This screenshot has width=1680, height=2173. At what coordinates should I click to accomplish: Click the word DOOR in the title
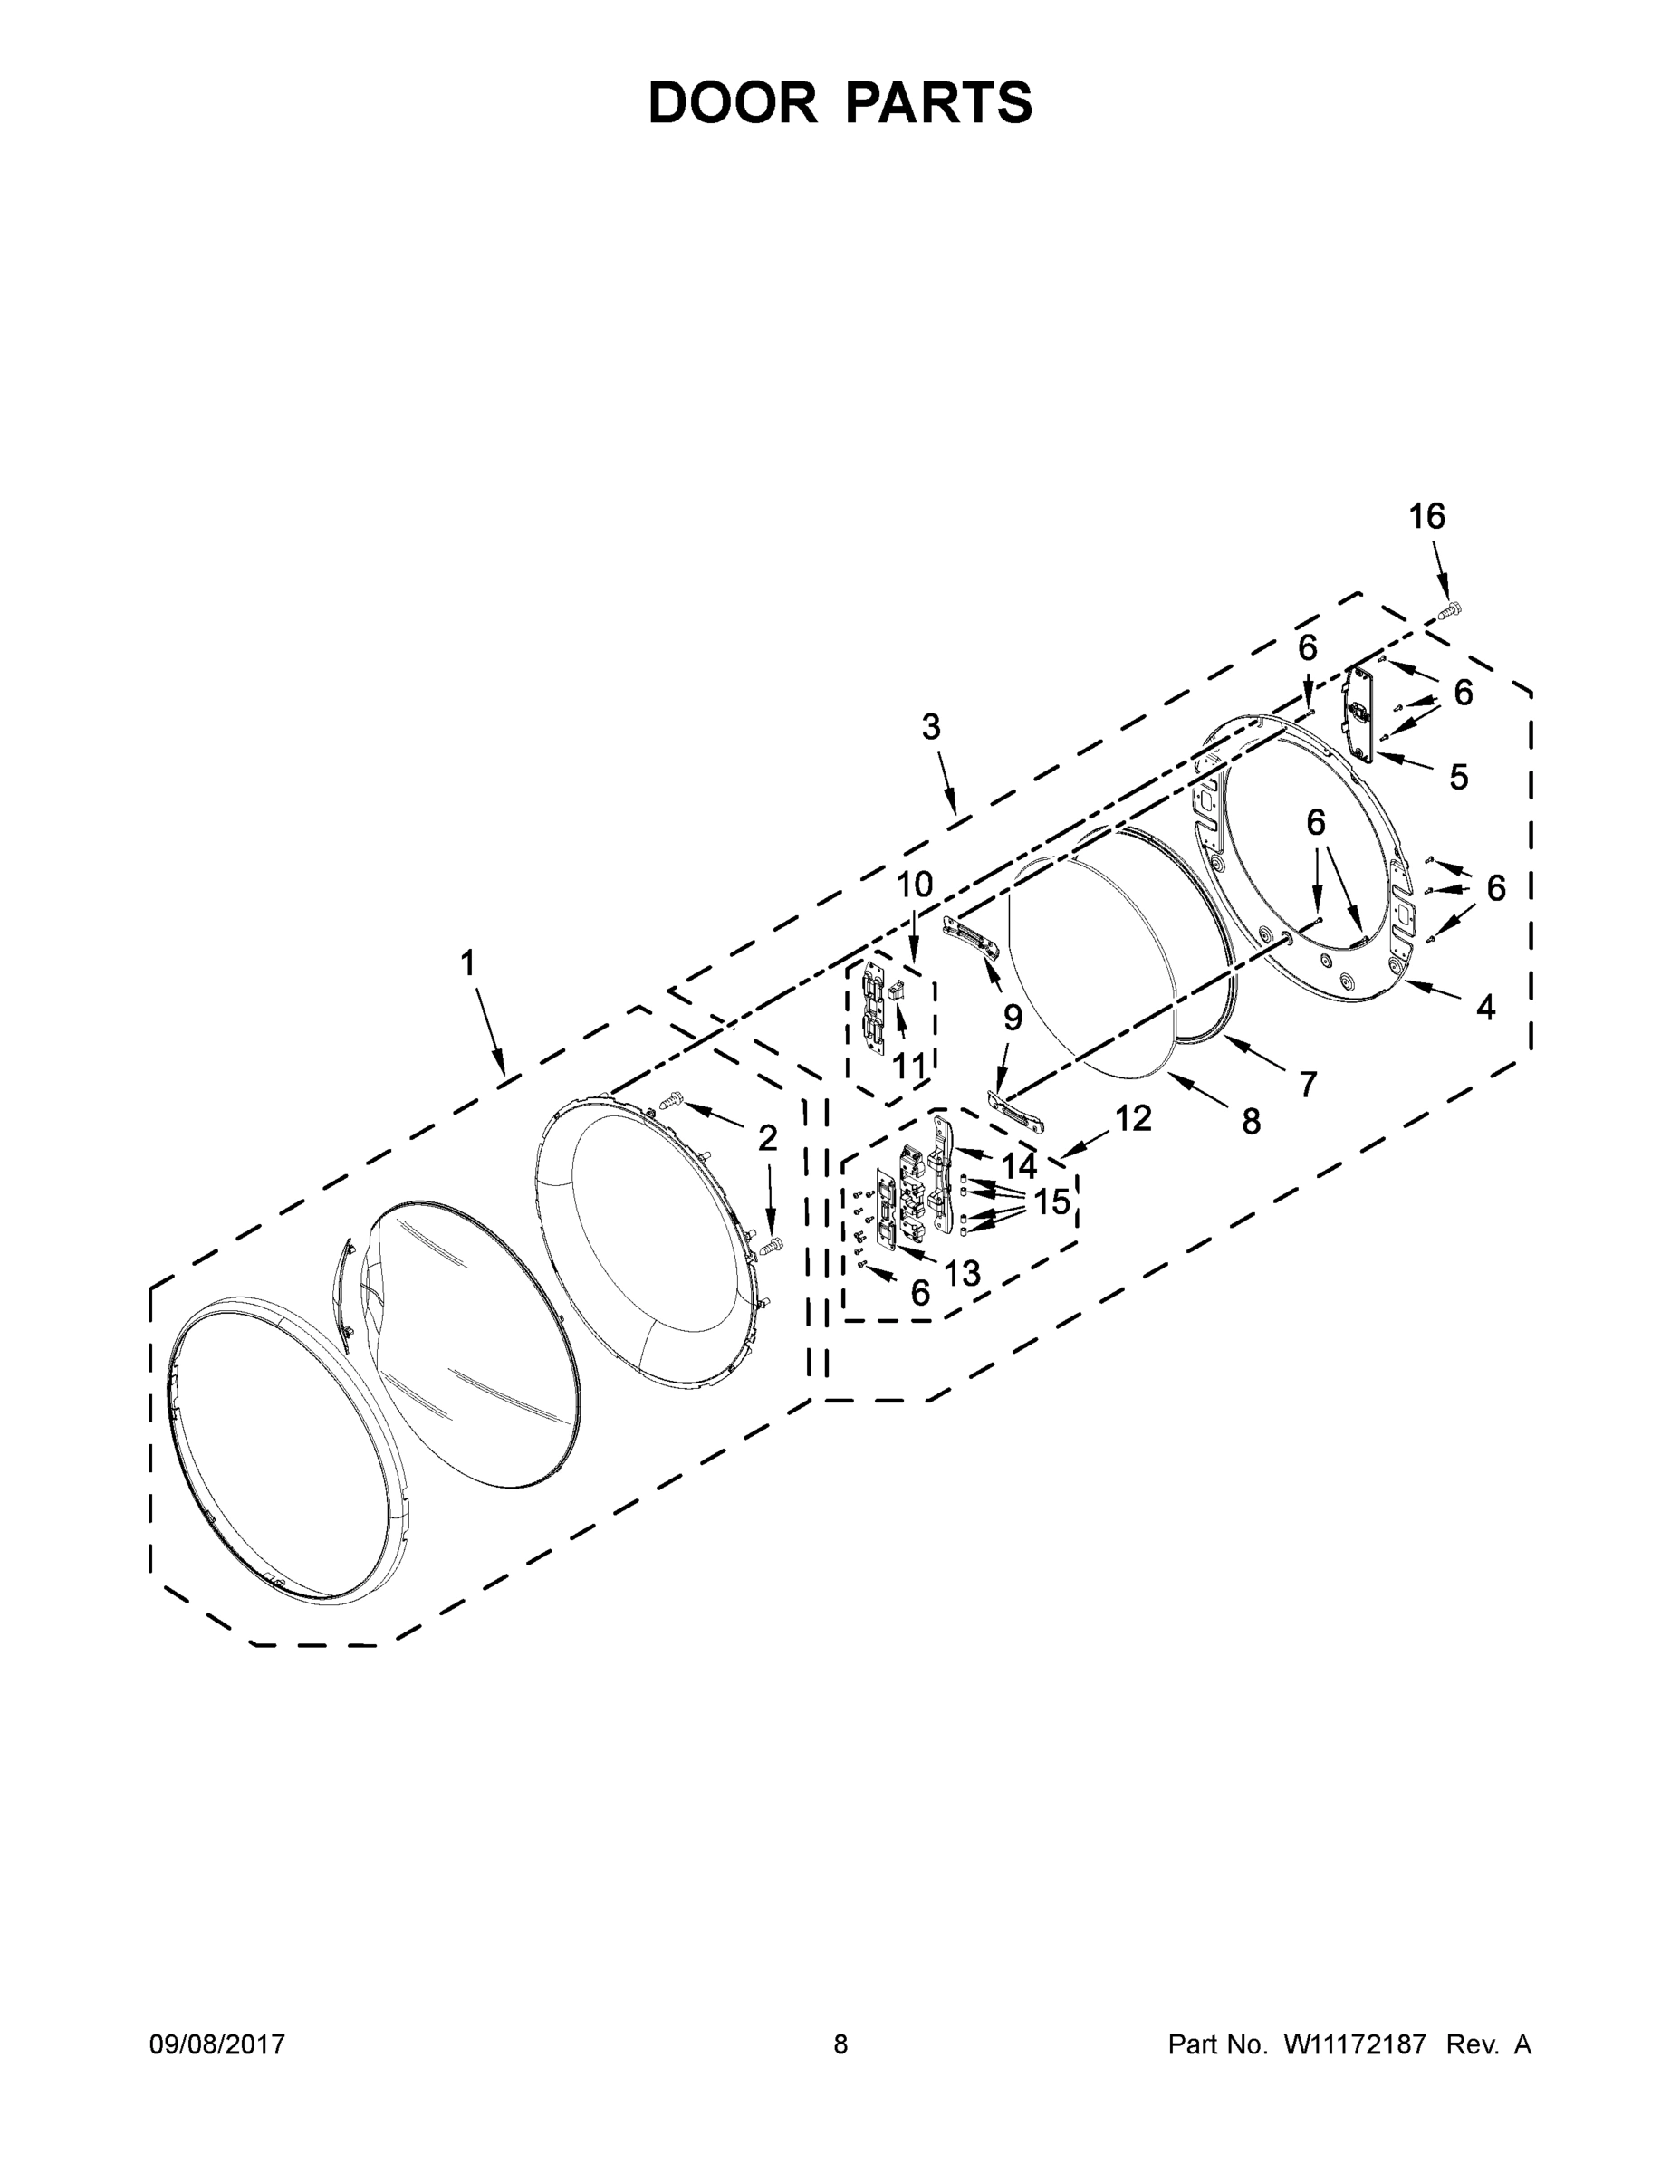(x=732, y=102)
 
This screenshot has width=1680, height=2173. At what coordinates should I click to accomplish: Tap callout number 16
(x=1426, y=516)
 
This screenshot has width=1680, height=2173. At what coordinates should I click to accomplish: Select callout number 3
(x=931, y=727)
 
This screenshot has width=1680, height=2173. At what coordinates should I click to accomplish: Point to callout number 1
(x=466, y=963)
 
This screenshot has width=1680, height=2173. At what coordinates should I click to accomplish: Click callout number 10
(x=915, y=884)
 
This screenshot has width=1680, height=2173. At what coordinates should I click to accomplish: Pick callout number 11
(x=908, y=1066)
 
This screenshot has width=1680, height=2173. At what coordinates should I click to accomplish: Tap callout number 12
(x=1133, y=1118)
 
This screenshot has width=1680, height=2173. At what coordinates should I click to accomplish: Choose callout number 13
(x=963, y=1272)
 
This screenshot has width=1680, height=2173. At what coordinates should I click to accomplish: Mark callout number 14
(x=1018, y=1166)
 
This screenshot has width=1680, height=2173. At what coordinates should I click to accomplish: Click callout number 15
(x=1051, y=1201)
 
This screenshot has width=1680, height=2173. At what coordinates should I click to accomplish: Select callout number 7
(x=1307, y=1083)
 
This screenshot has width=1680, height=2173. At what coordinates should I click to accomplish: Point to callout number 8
(x=1251, y=1121)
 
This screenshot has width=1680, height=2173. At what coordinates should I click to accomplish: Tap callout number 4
(x=1485, y=1008)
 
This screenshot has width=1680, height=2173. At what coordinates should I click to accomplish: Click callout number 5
(x=1458, y=777)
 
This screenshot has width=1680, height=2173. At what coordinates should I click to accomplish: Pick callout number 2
(x=767, y=1138)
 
